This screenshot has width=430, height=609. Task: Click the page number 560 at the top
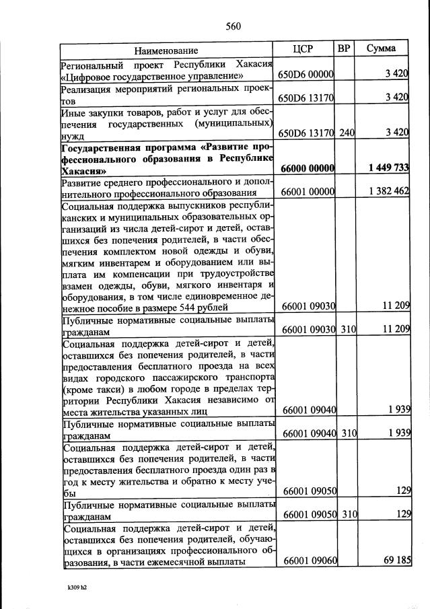[x=233, y=26]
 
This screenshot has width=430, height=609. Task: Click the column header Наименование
[x=166, y=50]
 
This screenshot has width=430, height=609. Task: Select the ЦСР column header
[x=304, y=49]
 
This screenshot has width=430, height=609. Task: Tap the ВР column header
[x=344, y=48]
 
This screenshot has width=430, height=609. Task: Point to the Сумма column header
[x=381, y=48]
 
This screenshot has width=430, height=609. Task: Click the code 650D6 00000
[x=306, y=75]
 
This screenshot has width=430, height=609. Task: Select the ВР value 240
[x=346, y=133]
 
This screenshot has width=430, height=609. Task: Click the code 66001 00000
[x=307, y=192]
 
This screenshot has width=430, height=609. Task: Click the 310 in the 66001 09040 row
[x=347, y=433]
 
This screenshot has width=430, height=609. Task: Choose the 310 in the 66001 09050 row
[x=347, y=515]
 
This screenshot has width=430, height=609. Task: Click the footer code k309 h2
[x=72, y=586]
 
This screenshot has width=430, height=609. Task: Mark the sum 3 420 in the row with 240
[x=397, y=133]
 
